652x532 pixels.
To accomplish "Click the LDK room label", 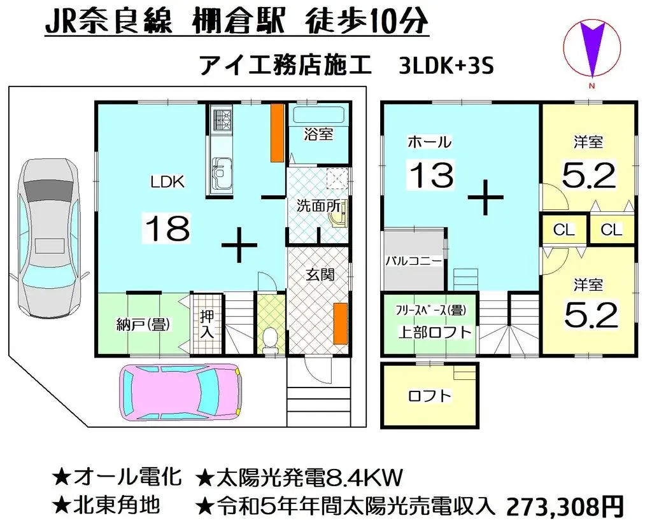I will pyautogui.click(x=167, y=182).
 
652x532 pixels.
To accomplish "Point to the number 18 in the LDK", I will pyautogui.click(x=167, y=228).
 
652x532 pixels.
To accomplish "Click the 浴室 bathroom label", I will pyautogui.click(x=318, y=134).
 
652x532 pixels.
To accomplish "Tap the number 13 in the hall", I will pyautogui.click(x=432, y=174).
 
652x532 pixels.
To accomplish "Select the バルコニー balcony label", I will pyautogui.click(x=413, y=261).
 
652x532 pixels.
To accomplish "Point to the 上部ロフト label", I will pyautogui.click(x=435, y=332).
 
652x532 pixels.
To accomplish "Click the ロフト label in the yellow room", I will pyautogui.click(x=429, y=396).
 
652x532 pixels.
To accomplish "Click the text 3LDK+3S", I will pyautogui.click(x=446, y=66).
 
